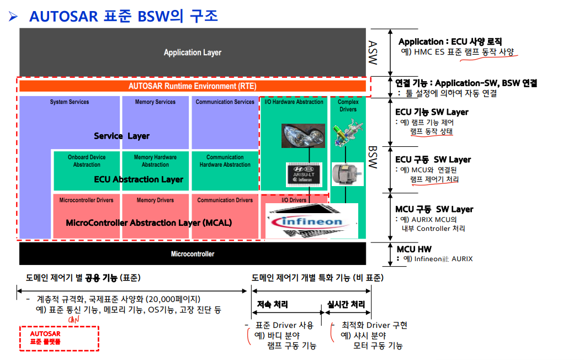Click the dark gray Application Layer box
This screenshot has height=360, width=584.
192,52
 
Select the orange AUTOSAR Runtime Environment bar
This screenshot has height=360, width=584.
192,86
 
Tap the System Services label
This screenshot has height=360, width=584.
70,102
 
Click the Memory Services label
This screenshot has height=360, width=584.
155,102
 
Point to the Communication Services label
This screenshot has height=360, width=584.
225,102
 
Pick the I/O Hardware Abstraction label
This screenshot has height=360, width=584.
294,102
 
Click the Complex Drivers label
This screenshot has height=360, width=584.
348,105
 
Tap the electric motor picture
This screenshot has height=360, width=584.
347,174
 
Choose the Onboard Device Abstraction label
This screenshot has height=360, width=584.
87,161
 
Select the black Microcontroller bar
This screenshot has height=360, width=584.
192,254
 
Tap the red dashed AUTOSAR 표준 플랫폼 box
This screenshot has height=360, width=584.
59,337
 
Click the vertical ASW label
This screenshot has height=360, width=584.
373,51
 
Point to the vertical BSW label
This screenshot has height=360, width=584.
373,157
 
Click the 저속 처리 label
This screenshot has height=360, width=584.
272,305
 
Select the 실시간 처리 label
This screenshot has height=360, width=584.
346,305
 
